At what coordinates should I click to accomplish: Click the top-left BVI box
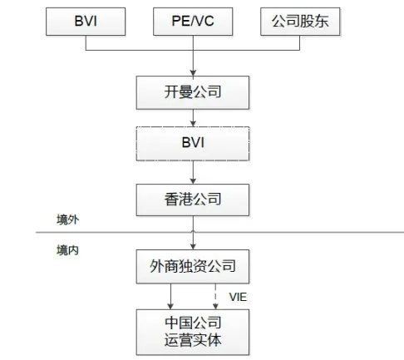86,22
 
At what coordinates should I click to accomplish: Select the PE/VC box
193,22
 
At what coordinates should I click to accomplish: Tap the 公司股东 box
300,22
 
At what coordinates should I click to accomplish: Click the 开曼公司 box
193,92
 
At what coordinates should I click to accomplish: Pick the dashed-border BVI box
193,144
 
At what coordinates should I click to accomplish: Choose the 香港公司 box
193,200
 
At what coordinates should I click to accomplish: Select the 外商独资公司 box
193,266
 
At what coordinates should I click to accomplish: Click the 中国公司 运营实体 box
193,332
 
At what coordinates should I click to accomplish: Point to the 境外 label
68,219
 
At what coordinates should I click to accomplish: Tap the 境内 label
68,250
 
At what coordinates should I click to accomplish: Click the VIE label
238,297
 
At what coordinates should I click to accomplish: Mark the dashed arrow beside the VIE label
215,296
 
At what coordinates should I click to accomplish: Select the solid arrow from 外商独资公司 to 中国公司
170,296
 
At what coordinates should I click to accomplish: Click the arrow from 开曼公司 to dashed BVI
193,118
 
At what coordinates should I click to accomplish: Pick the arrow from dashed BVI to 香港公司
193,172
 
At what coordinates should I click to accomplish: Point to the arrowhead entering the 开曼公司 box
193,73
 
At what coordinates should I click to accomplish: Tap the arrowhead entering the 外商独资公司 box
193,247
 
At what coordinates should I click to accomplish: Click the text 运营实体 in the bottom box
193,340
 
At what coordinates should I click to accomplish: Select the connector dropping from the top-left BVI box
86,43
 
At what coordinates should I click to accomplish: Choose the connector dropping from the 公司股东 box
299,43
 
